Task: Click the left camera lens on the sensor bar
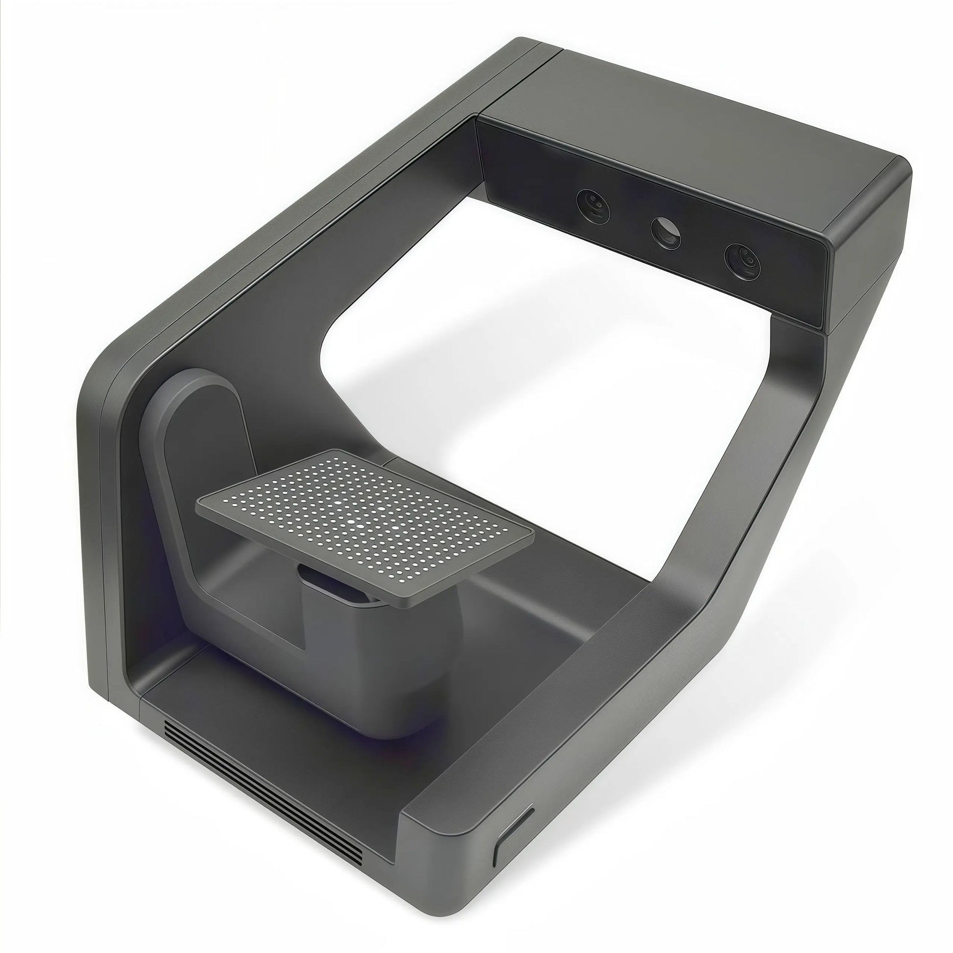tap(594, 206)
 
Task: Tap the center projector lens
tap(667, 232)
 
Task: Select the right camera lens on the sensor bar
tap(742, 262)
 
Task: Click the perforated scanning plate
tap(365, 523)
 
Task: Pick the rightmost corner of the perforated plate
tap(533, 535)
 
